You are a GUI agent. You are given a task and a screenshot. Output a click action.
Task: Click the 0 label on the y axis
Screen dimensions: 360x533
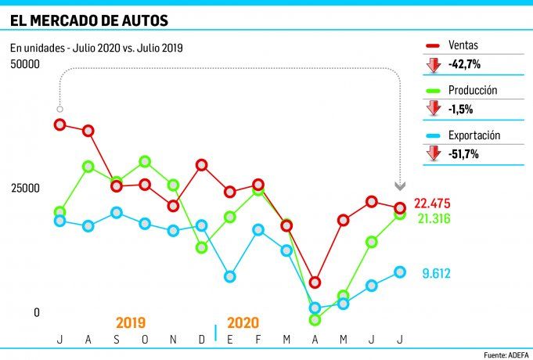36,312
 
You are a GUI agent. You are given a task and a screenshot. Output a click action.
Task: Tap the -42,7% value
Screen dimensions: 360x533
463,64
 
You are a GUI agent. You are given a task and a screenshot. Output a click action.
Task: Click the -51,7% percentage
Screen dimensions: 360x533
463,154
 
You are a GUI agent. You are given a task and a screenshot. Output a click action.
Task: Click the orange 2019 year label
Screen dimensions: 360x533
131,322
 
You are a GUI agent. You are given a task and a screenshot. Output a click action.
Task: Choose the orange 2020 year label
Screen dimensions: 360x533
243,322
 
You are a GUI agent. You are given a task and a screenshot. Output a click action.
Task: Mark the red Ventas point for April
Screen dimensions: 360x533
315,282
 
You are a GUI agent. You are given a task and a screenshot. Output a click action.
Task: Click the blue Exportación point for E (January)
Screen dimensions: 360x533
230,276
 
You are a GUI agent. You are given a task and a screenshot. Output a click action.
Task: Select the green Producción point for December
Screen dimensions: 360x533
202,247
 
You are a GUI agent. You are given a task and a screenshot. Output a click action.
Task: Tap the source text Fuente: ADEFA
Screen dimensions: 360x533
506,355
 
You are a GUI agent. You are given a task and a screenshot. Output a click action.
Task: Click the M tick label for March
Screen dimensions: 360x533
286,339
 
